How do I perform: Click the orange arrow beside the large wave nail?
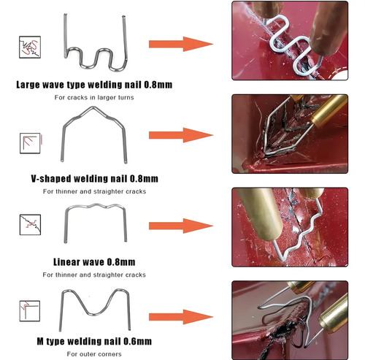pyautogui.click(x=181, y=44)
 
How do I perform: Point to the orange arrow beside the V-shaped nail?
pyautogui.click(x=181, y=135)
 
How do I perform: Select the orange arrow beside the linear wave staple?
pyautogui.click(x=181, y=226)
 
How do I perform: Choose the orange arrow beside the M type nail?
pyautogui.click(x=181, y=317)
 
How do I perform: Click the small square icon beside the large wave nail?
pyautogui.click(x=30, y=47)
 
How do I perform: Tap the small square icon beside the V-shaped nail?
pyautogui.click(x=30, y=143)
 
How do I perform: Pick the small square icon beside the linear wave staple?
pyautogui.click(x=30, y=225)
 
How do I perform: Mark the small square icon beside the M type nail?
pyautogui.click(x=30, y=311)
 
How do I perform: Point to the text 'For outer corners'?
pyautogui.click(x=94, y=354)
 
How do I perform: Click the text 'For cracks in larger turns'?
pyautogui.click(x=94, y=97)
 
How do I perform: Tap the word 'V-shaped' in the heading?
pyautogui.click(x=51, y=179)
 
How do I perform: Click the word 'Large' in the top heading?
pyautogui.click(x=28, y=85)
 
